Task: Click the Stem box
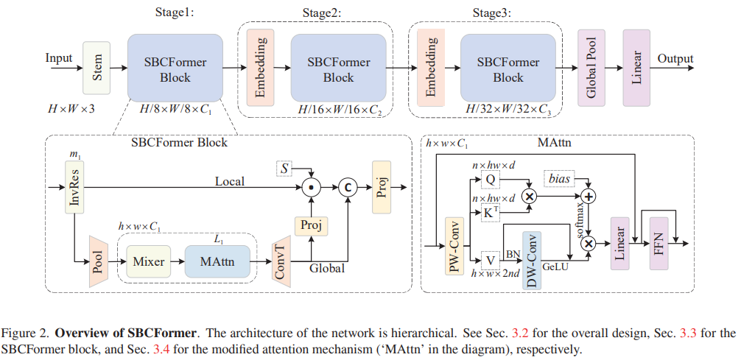97,68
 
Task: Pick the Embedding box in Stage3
430,68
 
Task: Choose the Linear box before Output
636,68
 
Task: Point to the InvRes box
76,188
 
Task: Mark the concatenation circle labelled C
346,188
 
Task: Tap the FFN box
661,242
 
